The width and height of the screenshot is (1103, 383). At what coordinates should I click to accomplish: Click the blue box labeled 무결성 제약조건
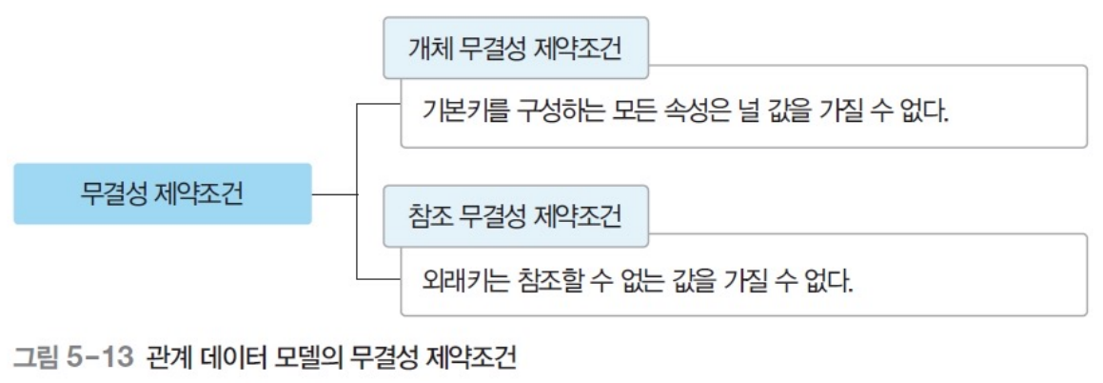coord(162,194)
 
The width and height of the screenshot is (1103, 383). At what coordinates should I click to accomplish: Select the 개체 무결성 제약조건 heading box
coord(515,49)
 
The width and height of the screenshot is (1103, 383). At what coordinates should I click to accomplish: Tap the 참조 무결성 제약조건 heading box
coord(515,216)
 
